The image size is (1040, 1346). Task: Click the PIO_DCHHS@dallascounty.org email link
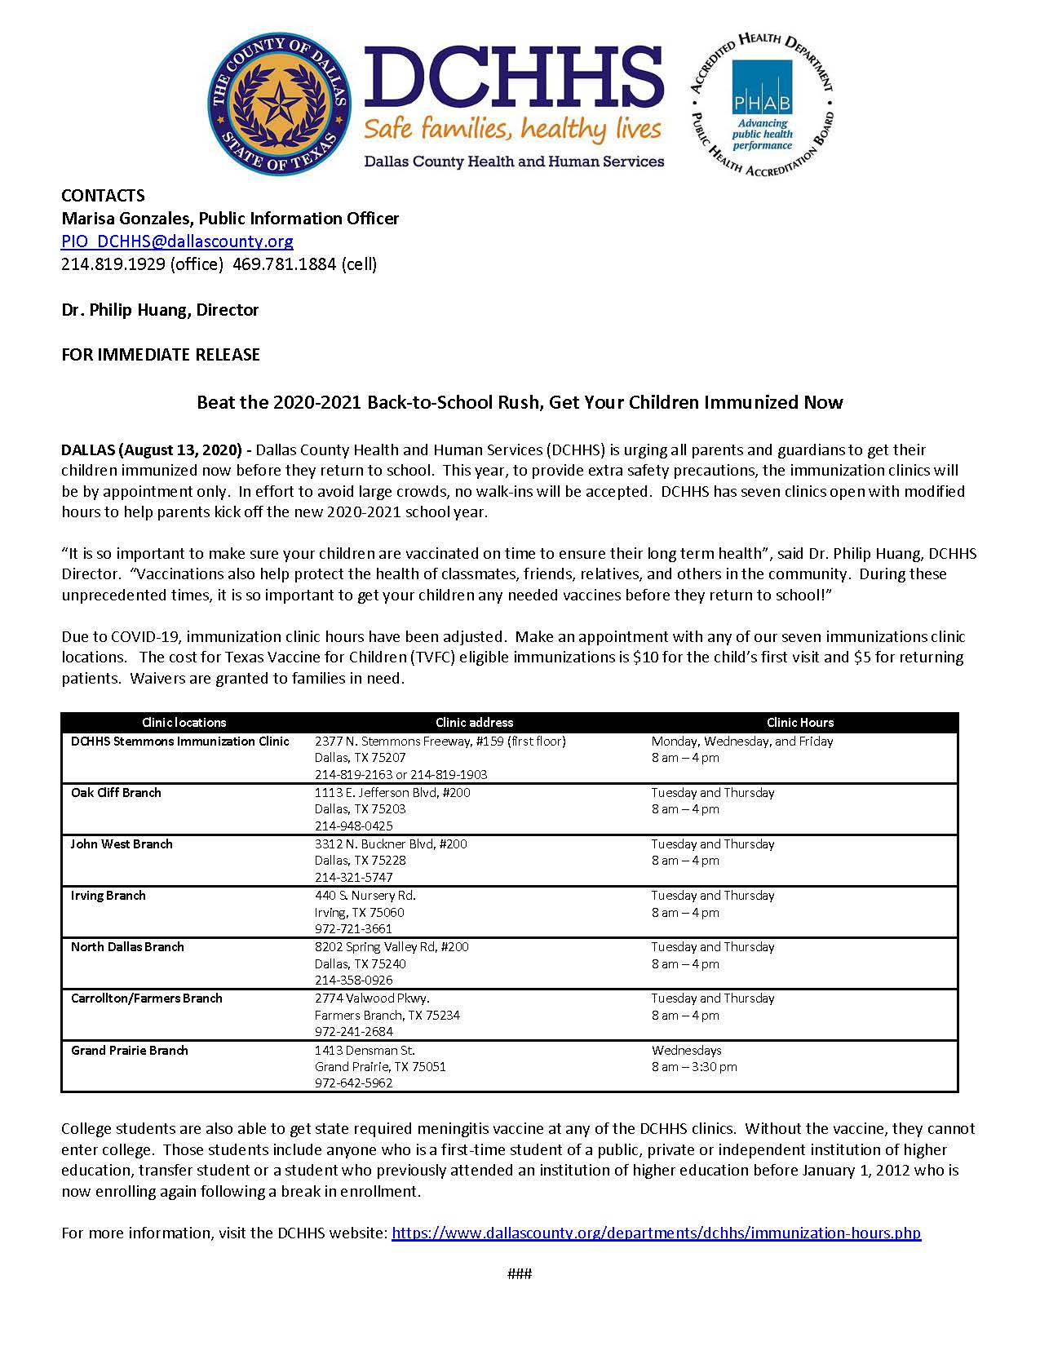tap(177, 241)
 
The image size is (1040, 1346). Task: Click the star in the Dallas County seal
tap(280, 104)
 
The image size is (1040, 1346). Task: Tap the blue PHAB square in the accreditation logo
tap(762, 87)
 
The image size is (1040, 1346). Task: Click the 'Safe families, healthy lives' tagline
tap(512, 129)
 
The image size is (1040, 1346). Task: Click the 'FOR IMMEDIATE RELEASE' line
tap(161, 355)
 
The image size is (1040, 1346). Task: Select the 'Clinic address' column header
tap(474, 723)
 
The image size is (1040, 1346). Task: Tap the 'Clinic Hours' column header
tap(799, 723)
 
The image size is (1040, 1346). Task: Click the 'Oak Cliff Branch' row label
tap(116, 793)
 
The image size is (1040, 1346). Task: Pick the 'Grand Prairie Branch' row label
tap(129, 1051)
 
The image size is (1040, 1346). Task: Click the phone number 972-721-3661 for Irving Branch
tap(353, 929)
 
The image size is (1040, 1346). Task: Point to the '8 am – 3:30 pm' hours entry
tap(694, 1067)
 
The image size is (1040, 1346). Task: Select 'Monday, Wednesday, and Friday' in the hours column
tap(741, 742)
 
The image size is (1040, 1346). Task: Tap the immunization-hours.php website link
tap(656, 1233)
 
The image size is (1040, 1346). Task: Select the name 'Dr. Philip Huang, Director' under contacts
tap(160, 310)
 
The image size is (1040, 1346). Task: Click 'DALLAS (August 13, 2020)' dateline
tap(152, 450)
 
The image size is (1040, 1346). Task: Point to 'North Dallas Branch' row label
tap(127, 947)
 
